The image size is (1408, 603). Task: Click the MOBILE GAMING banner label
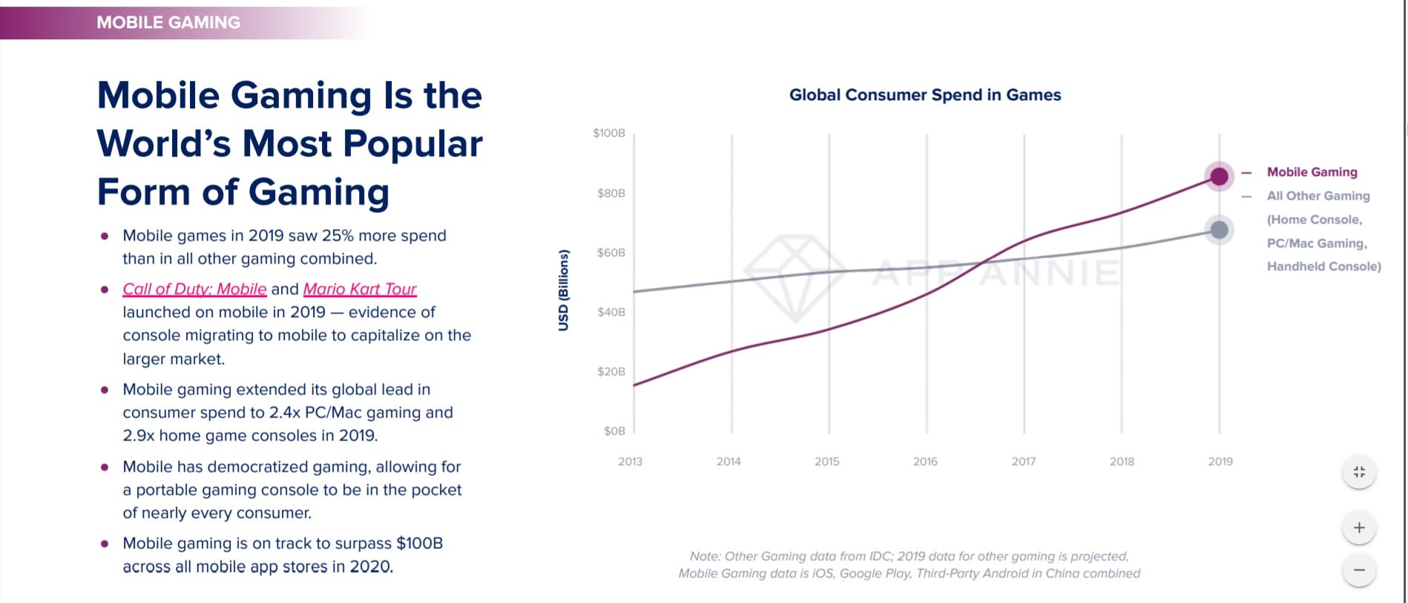coord(168,22)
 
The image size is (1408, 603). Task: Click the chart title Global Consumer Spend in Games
coord(924,95)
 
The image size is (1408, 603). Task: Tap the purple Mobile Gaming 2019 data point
coord(1219,177)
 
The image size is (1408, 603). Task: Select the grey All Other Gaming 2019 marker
coord(1219,230)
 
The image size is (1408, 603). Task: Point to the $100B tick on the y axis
coord(609,134)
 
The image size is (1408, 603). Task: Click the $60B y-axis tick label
coord(611,252)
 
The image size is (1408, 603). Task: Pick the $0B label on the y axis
coord(614,431)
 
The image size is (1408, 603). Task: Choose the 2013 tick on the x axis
coord(630,461)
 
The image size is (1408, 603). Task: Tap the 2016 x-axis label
coord(925,461)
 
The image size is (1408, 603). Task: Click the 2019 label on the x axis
coord(1220,461)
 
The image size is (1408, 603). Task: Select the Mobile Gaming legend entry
coord(1312,172)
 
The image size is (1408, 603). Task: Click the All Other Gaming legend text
coord(1318,196)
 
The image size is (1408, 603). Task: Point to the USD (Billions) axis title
coord(564,290)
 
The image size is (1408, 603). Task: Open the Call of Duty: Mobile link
coord(194,289)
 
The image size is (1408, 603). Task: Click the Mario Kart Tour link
coord(360,289)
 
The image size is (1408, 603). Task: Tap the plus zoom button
coord(1359,528)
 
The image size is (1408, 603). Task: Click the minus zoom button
coord(1359,570)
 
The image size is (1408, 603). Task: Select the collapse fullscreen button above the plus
coord(1359,472)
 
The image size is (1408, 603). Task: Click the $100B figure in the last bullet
coord(419,544)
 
